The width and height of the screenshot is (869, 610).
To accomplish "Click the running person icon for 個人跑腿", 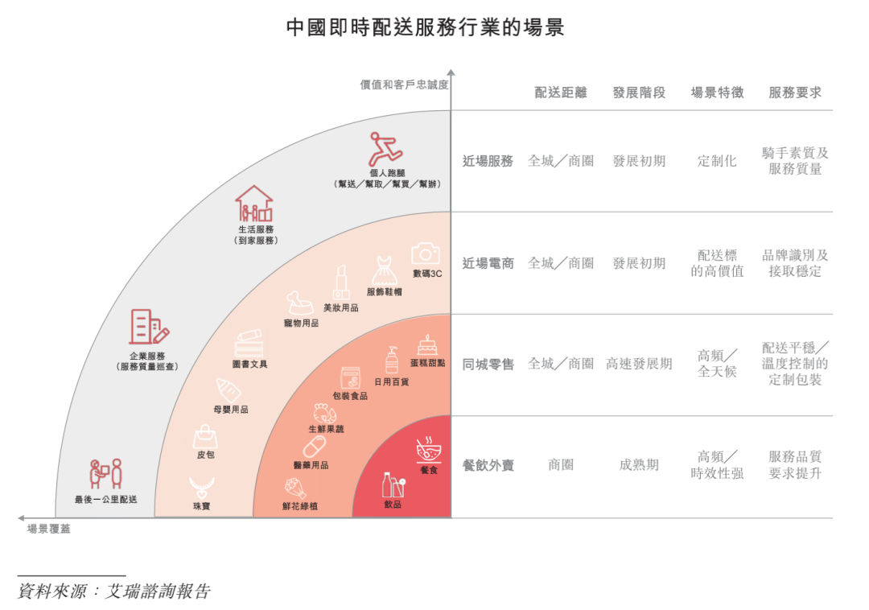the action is coord(385,149).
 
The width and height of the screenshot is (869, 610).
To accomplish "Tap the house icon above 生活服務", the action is coord(254,204).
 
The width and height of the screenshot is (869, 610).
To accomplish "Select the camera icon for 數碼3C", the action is coord(425,253).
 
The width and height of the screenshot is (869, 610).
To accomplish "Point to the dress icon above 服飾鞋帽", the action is coord(384,270).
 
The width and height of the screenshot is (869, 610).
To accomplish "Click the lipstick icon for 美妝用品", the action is coord(341,282).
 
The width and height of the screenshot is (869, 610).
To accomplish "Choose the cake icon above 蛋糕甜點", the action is coord(426,345).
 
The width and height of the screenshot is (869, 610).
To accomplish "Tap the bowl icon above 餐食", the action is coord(428,450).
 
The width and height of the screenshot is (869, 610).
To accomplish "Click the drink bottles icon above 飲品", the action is coord(393,485).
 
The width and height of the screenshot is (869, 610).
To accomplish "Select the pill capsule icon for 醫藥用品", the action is coord(315,447).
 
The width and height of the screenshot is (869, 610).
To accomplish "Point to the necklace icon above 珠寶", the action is coord(202,488).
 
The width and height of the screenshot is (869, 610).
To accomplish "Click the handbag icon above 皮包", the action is coord(205,437).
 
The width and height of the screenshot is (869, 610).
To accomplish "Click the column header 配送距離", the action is coord(560,93).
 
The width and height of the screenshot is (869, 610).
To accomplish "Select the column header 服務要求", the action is coord(795,93).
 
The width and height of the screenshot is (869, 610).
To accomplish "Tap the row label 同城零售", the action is coord(488,364).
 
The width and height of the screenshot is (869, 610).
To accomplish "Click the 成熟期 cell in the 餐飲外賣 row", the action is coord(638,465).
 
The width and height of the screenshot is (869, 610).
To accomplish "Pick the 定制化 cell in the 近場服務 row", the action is coord(717,161).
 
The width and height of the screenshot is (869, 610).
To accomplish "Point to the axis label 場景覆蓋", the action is coord(49,529).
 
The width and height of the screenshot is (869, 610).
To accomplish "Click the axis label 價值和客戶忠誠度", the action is coord(404,84).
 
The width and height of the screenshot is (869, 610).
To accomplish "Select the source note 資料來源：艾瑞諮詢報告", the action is coord(114,591).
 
